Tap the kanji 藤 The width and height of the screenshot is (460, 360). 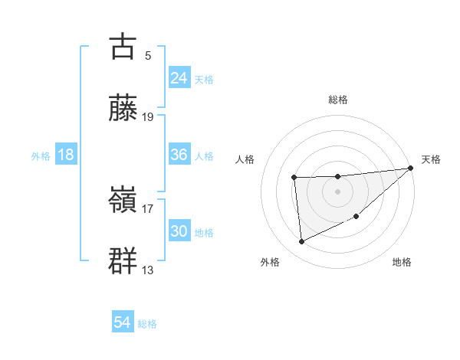point(123,108)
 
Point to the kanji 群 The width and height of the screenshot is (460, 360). point(123,261)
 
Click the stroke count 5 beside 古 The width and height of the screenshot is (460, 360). point(147,55)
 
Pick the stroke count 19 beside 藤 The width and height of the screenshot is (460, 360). point(148,117)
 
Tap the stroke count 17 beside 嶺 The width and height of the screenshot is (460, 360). point(148,208)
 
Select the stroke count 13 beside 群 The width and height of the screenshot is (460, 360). point(148,270)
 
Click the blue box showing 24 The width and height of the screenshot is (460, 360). point(179,78)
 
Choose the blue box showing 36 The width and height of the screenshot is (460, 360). point(179,155)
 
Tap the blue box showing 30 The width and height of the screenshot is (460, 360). point(179,231)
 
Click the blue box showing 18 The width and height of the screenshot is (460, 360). point(66,155)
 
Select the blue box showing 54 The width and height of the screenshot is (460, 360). point(123,323)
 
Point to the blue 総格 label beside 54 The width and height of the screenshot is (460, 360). point(147,324)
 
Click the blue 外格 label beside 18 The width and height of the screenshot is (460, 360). point(41,155)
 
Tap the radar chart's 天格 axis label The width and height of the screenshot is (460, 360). point(431,159)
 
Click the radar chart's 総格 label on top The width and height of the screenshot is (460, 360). point(338,100)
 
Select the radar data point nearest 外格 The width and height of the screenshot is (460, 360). point(302,242)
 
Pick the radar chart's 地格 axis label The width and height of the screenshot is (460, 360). point(402,262)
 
